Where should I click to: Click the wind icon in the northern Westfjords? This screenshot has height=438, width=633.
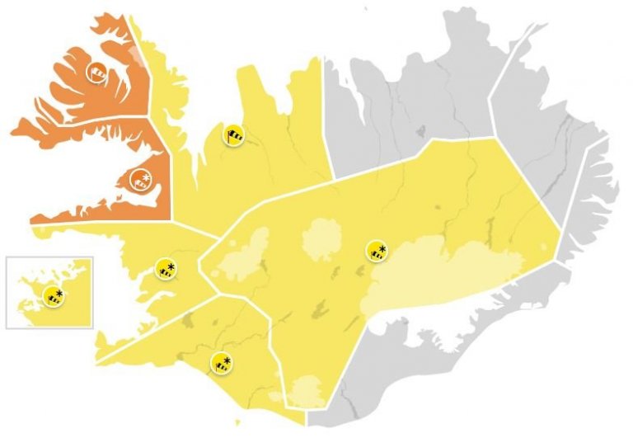(96, 72)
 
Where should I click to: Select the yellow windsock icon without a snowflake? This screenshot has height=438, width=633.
(234, 135)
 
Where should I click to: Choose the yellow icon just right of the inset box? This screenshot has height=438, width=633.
(166, 268)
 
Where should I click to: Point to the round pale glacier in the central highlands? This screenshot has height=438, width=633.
(326, 240)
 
